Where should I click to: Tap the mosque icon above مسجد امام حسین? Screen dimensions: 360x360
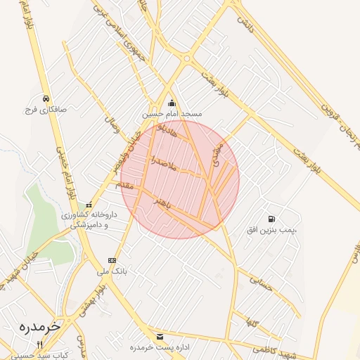pyautogui.click(x=172, y=103)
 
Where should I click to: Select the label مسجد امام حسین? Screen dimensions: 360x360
pyautogui.click(x=173, y=113)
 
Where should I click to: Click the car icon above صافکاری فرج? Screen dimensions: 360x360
pyautogui.click(x=45, y=98)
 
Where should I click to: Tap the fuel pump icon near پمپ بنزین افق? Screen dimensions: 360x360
pyautogui.click(x=272, y=219)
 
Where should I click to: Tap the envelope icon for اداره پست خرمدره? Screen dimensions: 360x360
pyautogui.click(x=160, y=337)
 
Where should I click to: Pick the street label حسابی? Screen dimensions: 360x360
pyautogui.click(x=259, y=282)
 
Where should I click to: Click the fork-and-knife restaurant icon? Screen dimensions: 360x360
pyautogui.click(x=40, y=345)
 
